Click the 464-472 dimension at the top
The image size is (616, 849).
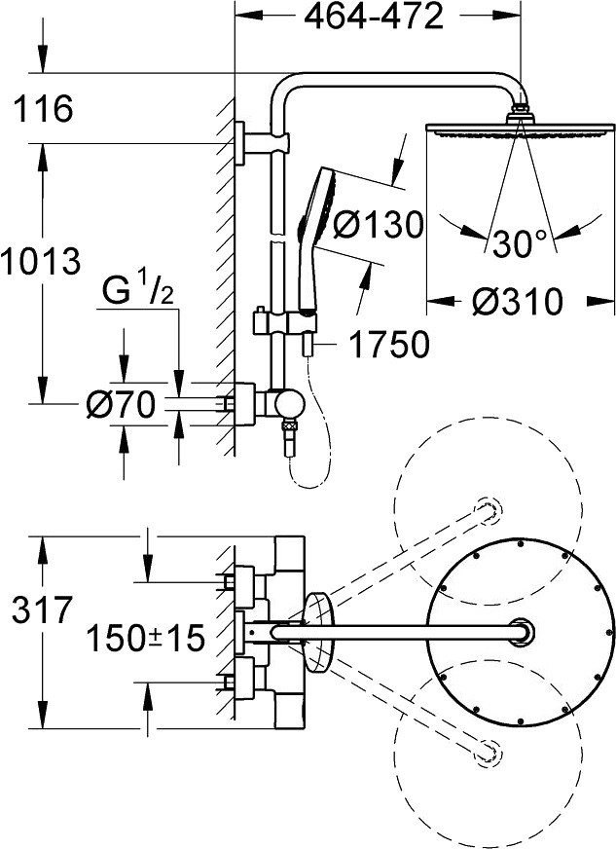[x=374, y=17]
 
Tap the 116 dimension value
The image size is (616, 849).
[x=43, y=108]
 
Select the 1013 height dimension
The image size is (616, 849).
[x=41, y=260]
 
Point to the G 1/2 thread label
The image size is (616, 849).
[x=137, y=291]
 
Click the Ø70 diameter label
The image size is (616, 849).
[x=121, y=404]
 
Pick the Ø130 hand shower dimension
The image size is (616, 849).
[x=378, y=224]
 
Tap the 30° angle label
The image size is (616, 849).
[x=521, y=242]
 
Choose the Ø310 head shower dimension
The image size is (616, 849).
[x=517, y=301]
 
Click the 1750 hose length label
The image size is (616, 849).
[x=389, y=344]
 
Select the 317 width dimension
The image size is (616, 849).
[x=42, y=609]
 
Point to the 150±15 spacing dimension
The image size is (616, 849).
[x=146, y=638]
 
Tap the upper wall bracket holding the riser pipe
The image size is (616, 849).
[x=262, y=142]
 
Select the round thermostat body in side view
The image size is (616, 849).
[x=288, y=404]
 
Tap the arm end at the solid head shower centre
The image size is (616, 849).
[x=522, y=631]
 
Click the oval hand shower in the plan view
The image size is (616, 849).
[x=320, y=633]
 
